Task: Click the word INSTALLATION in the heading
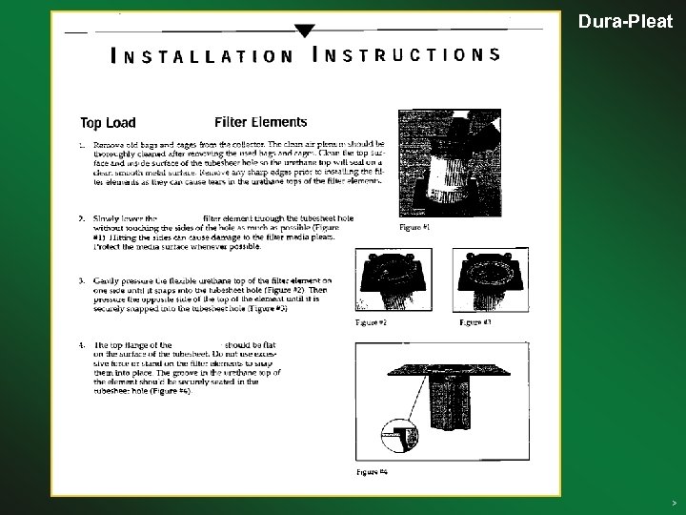point(202,55)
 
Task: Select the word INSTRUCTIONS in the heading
point(406,53)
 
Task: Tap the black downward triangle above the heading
point(304,30)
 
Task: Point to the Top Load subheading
point(108,122)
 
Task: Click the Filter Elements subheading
point(261,121)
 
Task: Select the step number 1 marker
point(82,145)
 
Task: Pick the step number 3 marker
point(82,280)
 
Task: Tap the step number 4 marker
point(82,344)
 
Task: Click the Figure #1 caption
point(414,228)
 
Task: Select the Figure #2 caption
point(371,323)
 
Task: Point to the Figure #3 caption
point(474,323)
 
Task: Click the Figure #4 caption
point(372,471)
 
